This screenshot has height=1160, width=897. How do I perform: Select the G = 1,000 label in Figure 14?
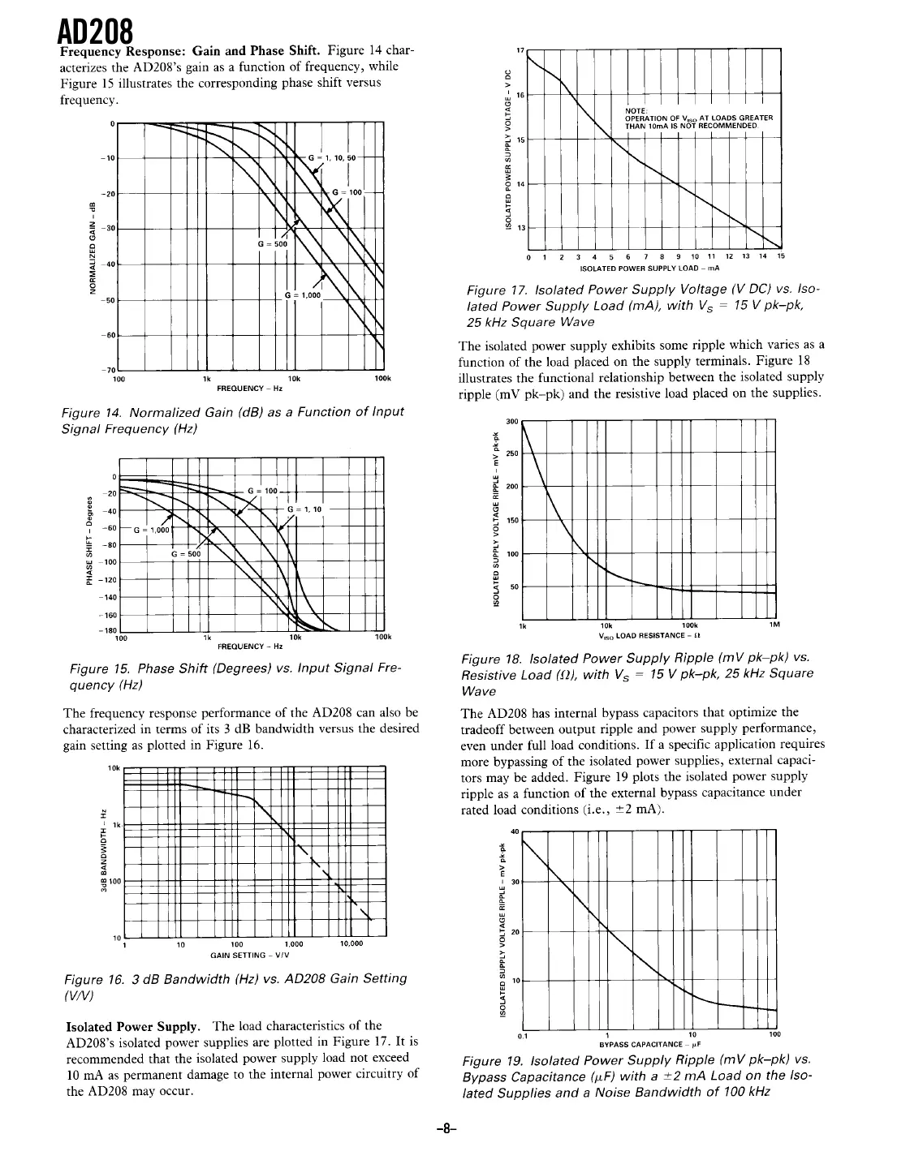304,296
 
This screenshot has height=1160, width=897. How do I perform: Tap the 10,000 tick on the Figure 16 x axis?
351,944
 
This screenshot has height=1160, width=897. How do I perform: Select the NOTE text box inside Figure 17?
690,118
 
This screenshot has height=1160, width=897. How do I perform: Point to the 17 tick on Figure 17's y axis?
521,50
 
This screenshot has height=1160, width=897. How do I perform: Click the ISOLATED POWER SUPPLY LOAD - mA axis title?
651,268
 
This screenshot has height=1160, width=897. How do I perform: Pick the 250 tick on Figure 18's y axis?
512,453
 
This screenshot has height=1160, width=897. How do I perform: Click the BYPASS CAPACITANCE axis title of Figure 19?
649,1044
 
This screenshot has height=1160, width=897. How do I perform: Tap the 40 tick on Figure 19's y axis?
514,831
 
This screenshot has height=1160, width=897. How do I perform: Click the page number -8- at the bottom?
448,1128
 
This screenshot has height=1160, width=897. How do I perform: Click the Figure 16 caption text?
235,986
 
